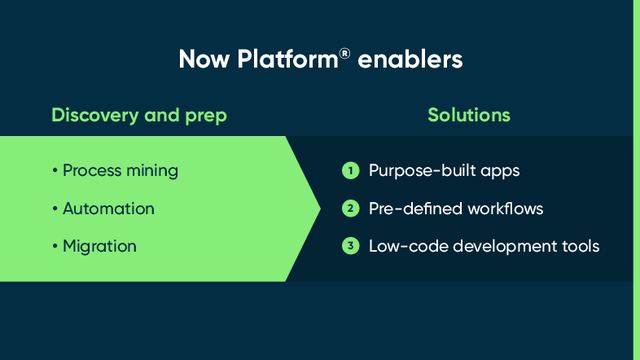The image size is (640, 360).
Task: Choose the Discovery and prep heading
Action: [x=139, y=115]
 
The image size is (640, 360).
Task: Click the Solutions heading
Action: [x=469, y=115]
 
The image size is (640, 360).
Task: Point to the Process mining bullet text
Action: [x=120, y=170]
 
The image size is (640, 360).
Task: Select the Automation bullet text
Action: [x=108, y=209]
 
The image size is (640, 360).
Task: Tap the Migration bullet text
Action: [x=99, y=246]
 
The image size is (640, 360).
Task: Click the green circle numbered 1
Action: [x=350, y=171]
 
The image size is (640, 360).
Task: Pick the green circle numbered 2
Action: [x=350, y=209]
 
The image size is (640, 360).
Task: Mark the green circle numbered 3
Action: [x=350, y=246]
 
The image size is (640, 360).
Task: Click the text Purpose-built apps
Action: [x=444, y=171]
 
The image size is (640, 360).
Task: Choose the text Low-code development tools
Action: [x=484, y=246]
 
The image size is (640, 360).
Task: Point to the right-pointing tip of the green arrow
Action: [x=319, y=208]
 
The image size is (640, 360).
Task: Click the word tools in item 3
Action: [x=579, y=246]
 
